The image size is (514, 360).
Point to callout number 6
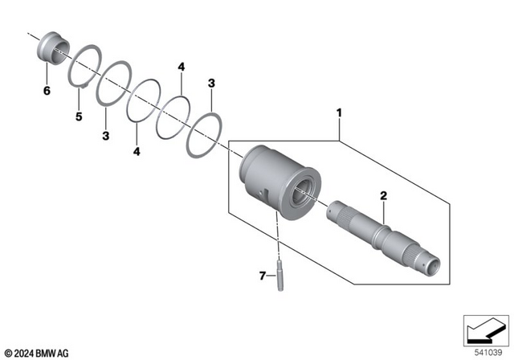point(46,91)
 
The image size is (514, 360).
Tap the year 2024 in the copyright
point(24,352)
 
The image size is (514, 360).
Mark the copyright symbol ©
point(7,352)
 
